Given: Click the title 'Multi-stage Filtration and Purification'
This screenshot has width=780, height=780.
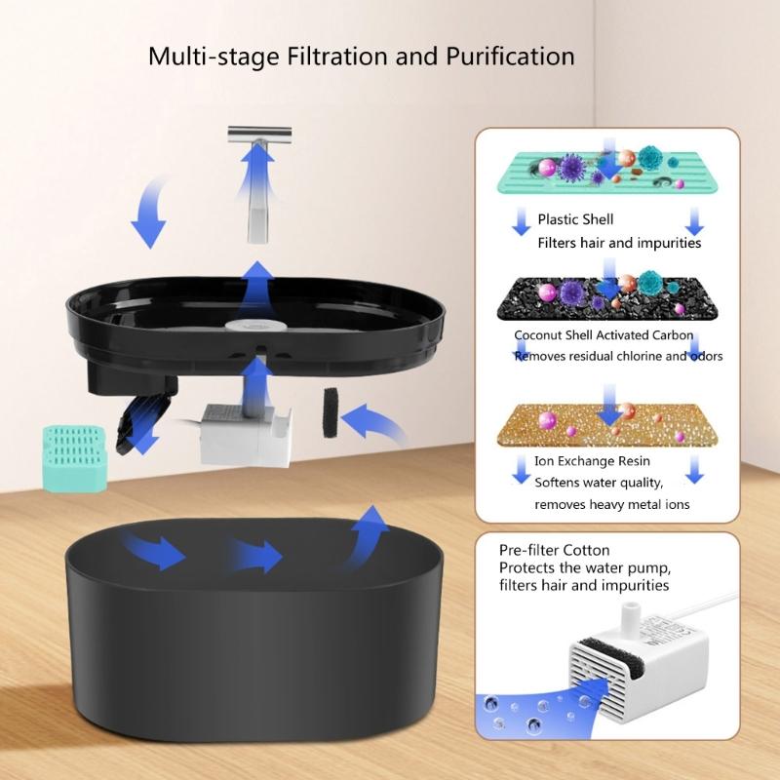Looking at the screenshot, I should tap(361, 55).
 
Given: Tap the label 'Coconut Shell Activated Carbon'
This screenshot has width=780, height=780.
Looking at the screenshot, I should tap(604, 335).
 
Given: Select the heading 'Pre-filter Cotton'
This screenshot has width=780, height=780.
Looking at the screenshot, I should tap(554, 550).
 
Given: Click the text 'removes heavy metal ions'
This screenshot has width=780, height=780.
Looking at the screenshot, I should tap(611, 504).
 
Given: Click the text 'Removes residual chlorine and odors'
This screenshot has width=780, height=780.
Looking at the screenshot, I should tap(618, 356).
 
